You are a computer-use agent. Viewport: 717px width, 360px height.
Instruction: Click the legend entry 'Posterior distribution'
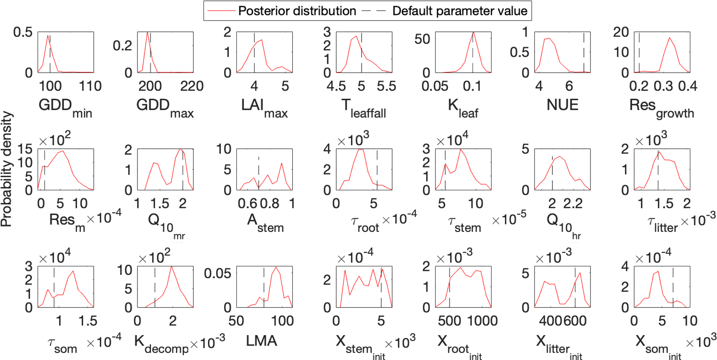point(297,11)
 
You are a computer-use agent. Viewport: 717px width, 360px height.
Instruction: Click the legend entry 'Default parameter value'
point(459,11)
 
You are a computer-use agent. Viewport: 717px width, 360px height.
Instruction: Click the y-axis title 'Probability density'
point(6,169)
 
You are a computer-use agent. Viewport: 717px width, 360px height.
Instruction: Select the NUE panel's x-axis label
point(562,105)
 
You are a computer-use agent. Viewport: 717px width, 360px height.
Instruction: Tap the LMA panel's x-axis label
point(261,341)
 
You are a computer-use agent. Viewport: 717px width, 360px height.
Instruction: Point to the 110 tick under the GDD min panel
point(90,86)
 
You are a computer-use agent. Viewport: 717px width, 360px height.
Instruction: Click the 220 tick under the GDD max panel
point(192,86)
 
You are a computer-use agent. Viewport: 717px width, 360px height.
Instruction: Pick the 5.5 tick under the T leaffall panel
point(386,86)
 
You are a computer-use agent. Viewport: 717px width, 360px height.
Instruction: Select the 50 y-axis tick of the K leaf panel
point(422,39)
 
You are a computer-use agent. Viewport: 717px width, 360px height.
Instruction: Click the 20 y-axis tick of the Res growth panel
point(621,32)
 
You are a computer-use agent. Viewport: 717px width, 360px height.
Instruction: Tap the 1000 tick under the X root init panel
point(482,321)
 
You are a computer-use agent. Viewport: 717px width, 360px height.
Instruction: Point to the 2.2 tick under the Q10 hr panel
point(573,203)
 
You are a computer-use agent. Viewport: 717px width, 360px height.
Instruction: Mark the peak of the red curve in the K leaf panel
point(473,32)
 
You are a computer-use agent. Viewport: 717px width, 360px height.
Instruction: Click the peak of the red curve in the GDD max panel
point(148,32)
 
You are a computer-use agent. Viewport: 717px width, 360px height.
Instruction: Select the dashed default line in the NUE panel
point(583,52)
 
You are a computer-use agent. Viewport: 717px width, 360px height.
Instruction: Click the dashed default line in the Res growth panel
point(639,52)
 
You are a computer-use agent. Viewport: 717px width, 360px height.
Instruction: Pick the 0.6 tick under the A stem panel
point(247,203)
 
